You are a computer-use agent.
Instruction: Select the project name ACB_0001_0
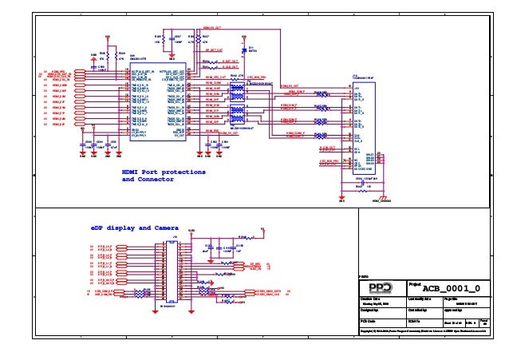point(450,287)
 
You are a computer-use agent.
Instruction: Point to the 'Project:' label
point(415,283)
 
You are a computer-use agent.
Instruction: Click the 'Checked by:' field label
point(418,310)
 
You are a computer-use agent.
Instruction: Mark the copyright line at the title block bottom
point(423,328)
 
